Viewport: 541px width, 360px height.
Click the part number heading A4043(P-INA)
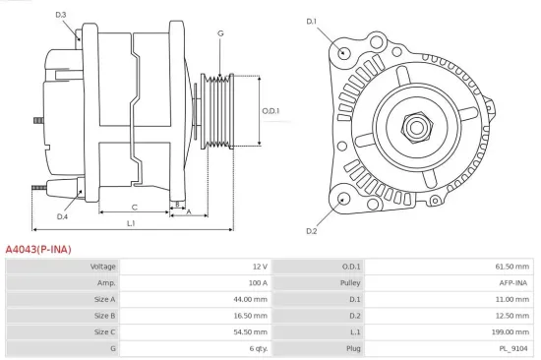pyautogui.click(x=38, y=250)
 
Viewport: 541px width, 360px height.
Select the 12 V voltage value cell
pyautogui.click(x=259, y=267)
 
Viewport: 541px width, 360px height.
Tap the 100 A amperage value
pyautogui.click(x=258, y=282)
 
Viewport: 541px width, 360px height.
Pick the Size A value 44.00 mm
pyautogui.click(x=251, y=299)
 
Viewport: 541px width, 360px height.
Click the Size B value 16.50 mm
pyautogui.click(x=251, y=316)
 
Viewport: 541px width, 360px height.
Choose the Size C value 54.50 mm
pyautogui.click(x=251, y=332)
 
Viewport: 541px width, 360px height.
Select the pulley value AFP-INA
pyautogui.click(x=513, y=282)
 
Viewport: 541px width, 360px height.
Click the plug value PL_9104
pyautogui.click(x=514, y=348)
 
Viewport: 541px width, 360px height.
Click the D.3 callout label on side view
pyautogui.click(x=61, y=15)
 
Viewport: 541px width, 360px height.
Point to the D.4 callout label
pyautogui.click(x=62, y=216)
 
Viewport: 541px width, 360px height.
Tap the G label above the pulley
pyautogui.click(x=220, y=33)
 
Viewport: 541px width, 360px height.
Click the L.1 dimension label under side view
pyautogui.click(x=130, y=224)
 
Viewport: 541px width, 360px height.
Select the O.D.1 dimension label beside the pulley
pyautogui.click(x=270, y=110)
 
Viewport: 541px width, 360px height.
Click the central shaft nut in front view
pyautogui.click(x=414, y=126)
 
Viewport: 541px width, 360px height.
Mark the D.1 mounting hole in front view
pyautogui.click(x=342, y=52)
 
